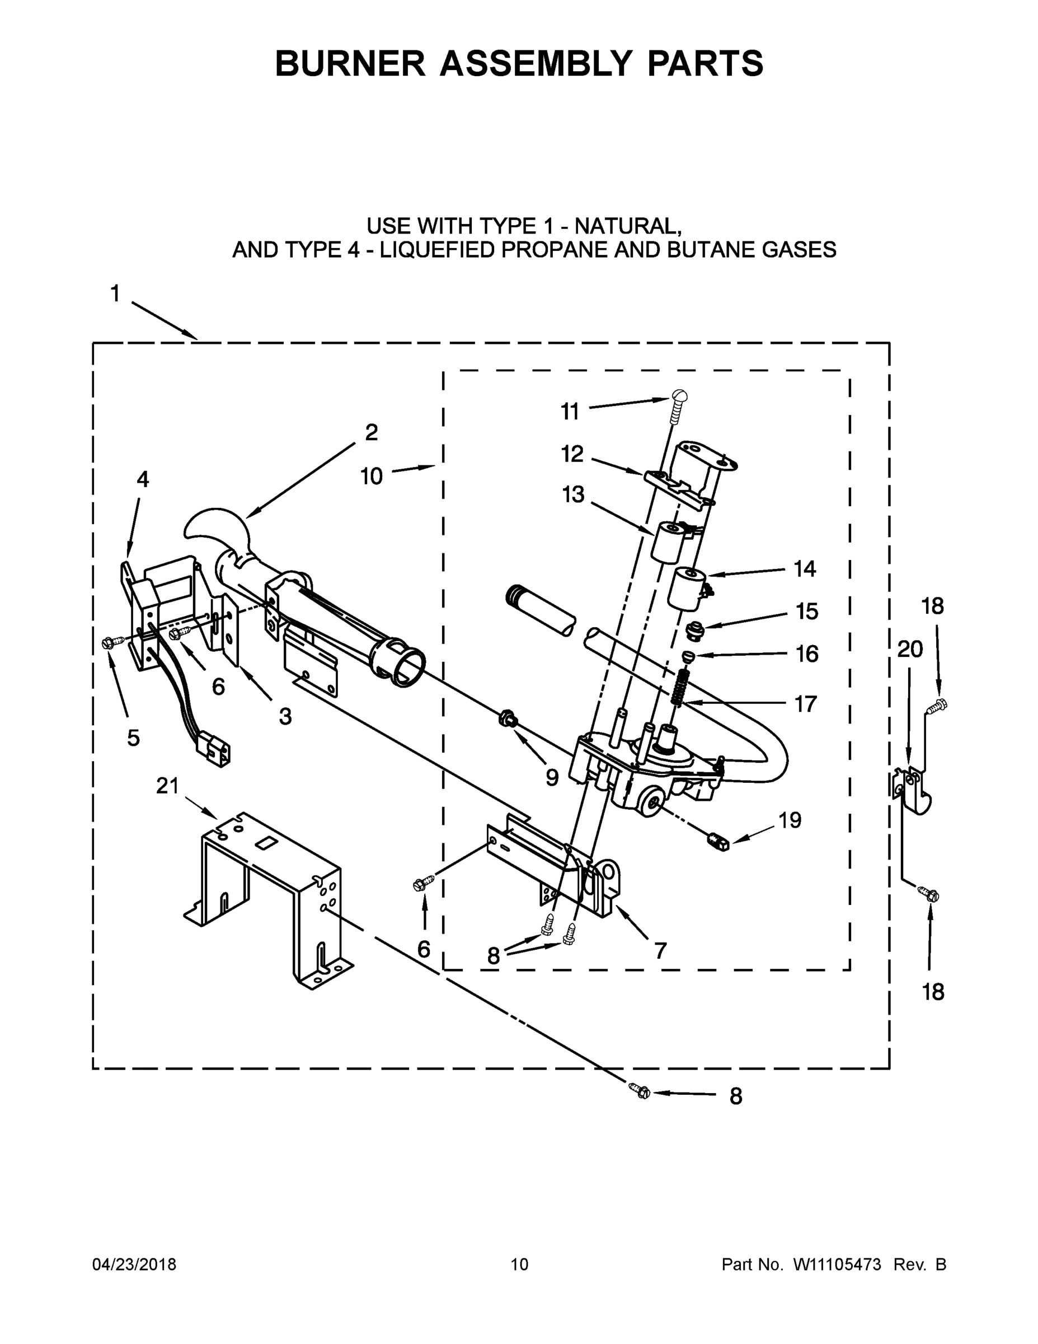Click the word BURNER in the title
tap(350, 63)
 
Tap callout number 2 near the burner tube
tap(371, 433)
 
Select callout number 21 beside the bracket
tap(167, 786)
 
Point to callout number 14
tap(804, 568)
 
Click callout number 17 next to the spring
tap(806, 703)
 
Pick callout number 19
tap(790, 820)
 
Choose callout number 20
tap(910, 649)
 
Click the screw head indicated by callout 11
tap(678, 397)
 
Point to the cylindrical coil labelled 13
tap(666, 541)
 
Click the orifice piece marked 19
tap(717, 841)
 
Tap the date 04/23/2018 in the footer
tap(134, 1264)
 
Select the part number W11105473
tap(837, 1264)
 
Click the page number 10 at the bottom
tap(520, 1264)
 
